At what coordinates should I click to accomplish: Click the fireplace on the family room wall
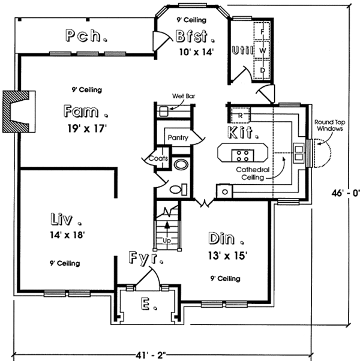click(x=18, y=111)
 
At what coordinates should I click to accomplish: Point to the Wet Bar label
click(x=181, y=95)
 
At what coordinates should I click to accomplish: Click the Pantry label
click(x=178, y=138)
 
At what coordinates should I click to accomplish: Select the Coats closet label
click(x=157, y=158)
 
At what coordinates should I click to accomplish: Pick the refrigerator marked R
click(x=239, y=114)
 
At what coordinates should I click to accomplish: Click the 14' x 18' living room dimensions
click(x=66, y=235)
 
